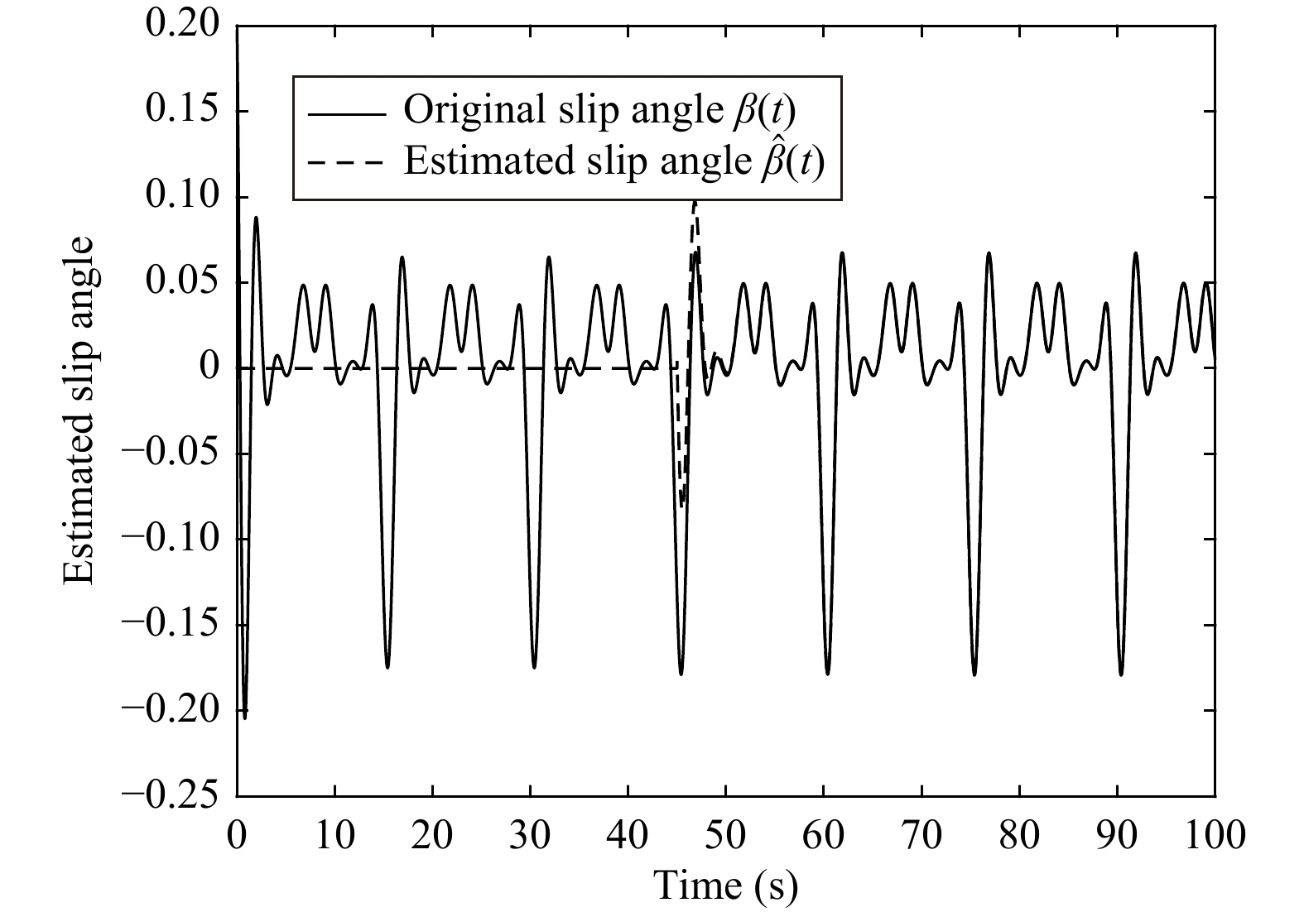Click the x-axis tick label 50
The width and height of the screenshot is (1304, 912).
(x=725, y=835)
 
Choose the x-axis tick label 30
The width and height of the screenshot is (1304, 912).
(x=530, y=835)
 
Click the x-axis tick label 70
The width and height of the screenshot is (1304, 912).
(x=921, y=835)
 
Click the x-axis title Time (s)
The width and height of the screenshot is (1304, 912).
(x=726, y=886)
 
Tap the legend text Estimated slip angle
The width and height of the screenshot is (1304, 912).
(x=575, y=161)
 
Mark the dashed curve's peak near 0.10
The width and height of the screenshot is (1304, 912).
(x=695, y=201)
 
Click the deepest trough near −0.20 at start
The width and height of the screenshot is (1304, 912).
(x=244, y=717)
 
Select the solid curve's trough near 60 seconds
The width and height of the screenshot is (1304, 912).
(x=827, y=674)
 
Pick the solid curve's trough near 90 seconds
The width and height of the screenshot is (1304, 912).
(x=1121, y=674)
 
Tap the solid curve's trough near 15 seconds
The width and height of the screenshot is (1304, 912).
(x=387, y=667)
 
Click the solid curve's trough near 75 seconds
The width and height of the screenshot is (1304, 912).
(x=974, y=674)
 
